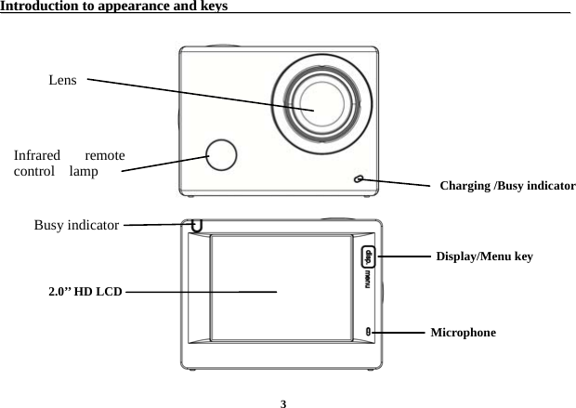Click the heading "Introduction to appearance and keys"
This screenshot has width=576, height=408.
pos(115,7)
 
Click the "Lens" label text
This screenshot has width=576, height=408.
pos(62,81)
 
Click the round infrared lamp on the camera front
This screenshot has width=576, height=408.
pos(222,154)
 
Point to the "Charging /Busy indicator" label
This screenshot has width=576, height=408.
pos(506,186)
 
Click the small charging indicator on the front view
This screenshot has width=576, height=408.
pos(358,179)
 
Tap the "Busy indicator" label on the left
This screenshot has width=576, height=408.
pos(75,225)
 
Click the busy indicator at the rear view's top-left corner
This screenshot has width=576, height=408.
pos(196,225)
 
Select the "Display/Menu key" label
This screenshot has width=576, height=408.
pos(484,256)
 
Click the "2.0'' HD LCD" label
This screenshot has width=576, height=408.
pos(85,292)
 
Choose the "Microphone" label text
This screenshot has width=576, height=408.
pos(463,332)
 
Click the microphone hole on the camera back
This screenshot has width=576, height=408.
pos(368,331)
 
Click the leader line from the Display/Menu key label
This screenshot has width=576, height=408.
pos(406,256)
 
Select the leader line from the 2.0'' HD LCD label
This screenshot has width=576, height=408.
pos(200,292)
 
